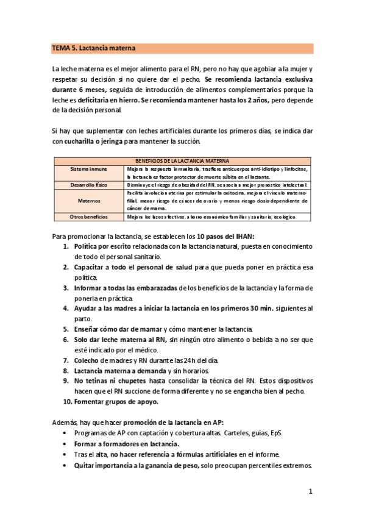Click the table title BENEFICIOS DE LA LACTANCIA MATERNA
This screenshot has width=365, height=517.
[x=182, y=160]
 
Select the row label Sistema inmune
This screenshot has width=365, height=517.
[x=88, y=168]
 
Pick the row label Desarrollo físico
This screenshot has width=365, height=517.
[x=88, y=184]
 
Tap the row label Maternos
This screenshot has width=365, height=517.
[x=88, y=200]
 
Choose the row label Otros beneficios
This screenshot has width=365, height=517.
[x=88, y=216]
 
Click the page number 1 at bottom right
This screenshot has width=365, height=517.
[x=310, y=491]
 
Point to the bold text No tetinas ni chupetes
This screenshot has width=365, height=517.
[x=112, y=380]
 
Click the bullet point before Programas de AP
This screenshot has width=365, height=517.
[x=65, y=433]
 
